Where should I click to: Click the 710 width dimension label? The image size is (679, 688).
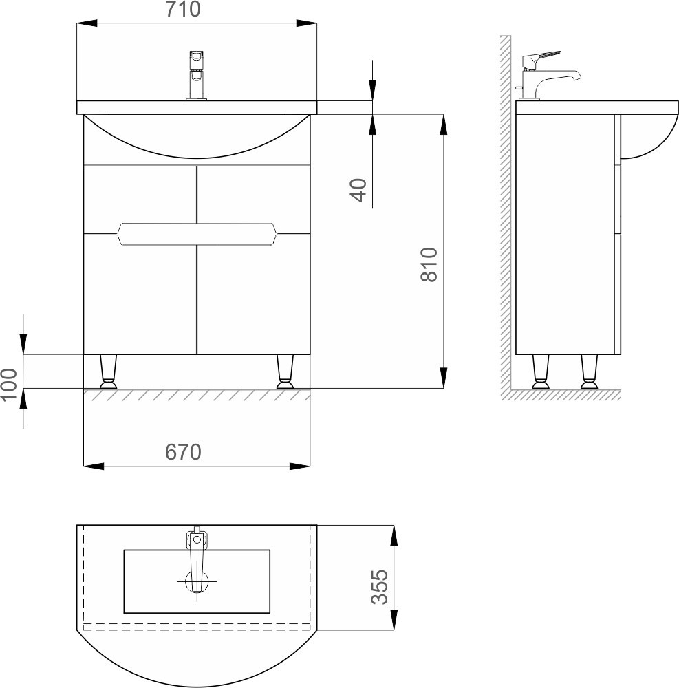tap(183, 10)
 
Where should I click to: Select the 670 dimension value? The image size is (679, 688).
tap(183, 452)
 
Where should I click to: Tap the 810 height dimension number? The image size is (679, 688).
tap(429, 265)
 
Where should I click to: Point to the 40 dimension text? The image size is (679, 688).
tap(359, 190)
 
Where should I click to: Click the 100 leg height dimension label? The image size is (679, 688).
tap(9, 385)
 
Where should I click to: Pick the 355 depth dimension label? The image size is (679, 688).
tap(380, 587)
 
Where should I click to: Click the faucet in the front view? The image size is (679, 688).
tap(197, 76)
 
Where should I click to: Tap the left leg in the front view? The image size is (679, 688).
tap(108, 372)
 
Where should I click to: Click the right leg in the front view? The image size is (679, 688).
tap(285, 372)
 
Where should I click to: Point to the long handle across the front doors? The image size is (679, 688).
tap(197, 234)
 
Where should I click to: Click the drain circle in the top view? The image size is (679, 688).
tap(197, 582)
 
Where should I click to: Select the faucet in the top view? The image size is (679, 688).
tap(197, 557)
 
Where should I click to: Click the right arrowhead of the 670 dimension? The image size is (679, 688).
tap(300, 466)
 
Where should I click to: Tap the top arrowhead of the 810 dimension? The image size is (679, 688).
tap(444, 125)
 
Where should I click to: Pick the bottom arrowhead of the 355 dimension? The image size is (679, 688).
tap(394, 620)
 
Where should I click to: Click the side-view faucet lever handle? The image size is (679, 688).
tap(541, 57)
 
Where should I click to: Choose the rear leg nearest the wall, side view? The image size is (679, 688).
tap(541, 372)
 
